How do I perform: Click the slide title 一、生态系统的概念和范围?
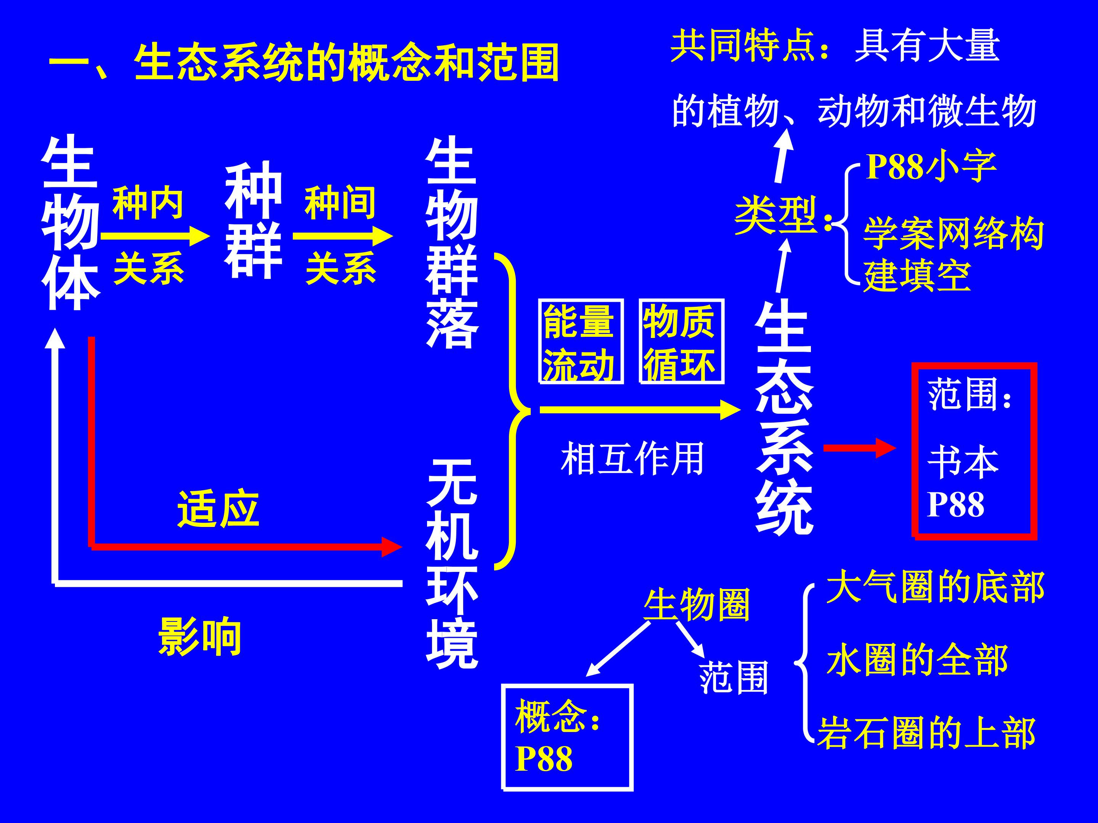tap(304, 62)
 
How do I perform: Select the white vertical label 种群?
tap(253, 220)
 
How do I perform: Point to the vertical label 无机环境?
tap(452, 564)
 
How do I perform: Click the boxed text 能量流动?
tap(580, 342)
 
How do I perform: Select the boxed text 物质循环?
tap(681, 342)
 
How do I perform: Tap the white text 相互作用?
tap(632, 458)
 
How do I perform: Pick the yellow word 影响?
tap(200, 636)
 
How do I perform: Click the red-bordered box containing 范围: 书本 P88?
tap(974, 450)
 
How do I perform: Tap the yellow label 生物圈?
tap(697, 604)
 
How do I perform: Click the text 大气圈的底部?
tap(935, 587)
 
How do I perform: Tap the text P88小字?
tap(931, 167)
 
